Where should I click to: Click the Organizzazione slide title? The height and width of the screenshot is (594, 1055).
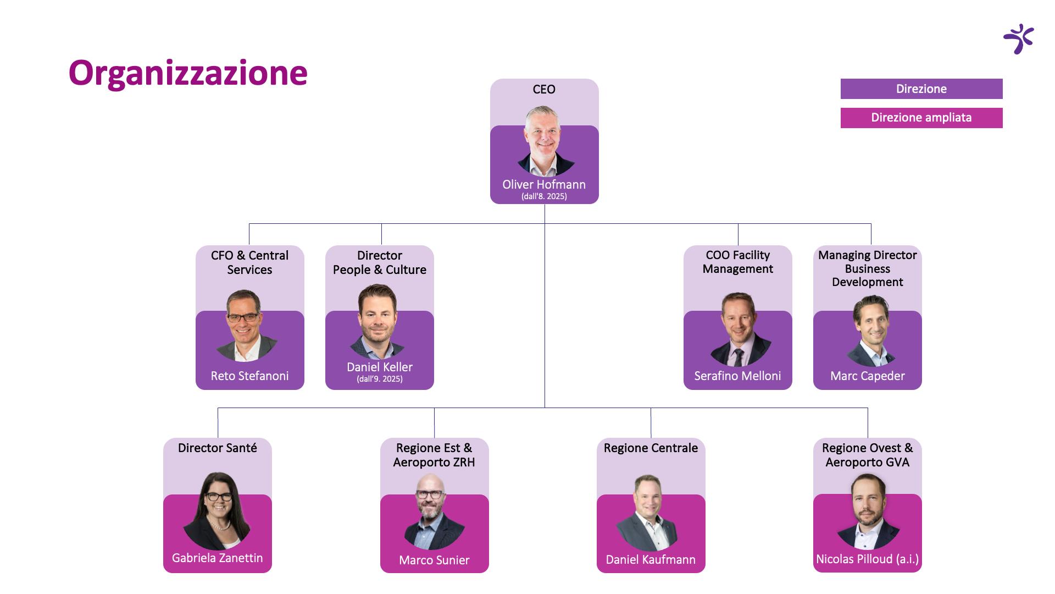click(x=188, y=73)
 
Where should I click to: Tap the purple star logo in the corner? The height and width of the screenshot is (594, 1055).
click(x=1019, y=38)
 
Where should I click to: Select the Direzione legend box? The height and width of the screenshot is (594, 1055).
click(x=921, y=89)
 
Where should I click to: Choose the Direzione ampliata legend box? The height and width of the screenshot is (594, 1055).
click(x=921, y=118)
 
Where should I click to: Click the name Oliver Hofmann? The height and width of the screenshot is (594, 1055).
click(x=544, y=184)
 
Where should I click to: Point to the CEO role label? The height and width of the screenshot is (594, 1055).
click(x=544, y=89)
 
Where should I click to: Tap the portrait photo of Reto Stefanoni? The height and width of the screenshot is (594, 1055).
click(x=245, y=326)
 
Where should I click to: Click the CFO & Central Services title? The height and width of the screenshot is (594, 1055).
click(x=250, y=262)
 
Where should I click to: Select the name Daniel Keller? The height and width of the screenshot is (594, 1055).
click(x=380, y=367)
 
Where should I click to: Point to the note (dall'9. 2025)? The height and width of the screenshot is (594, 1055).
click(x=380, y=379)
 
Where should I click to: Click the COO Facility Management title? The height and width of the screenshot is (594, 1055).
click(x=738, y=262)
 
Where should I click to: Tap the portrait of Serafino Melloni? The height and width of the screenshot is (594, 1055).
click(x=740, y=329)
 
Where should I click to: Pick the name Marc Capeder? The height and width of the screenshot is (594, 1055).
click(x=868, y=376)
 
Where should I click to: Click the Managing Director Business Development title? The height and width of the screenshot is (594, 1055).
click(x=868, y=268)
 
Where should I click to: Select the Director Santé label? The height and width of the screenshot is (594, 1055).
click(x=218, y=448)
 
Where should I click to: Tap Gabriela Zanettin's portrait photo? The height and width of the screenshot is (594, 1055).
click(x=218, y=511)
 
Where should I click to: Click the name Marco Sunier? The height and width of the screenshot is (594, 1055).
click(x=434, y=560)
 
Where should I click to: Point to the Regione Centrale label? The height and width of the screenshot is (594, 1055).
click(x=651, y=448)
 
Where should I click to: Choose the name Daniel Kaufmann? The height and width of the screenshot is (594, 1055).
click(x=651, y=559)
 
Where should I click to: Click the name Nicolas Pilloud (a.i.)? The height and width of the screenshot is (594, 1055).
click(x=868, y=559)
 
